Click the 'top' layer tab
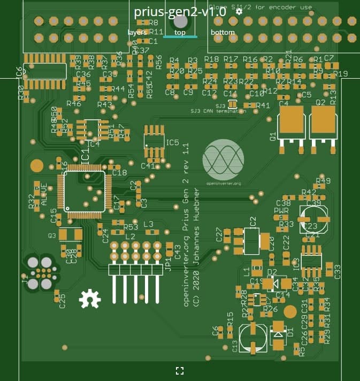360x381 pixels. (180, 32)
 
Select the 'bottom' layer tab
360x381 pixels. (223, 32)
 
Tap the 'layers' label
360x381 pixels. (137, 32)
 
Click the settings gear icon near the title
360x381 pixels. (239, 11)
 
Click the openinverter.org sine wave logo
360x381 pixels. (223, 159)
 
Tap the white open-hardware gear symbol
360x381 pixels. (89, 299)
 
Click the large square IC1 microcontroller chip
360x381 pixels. (85, 192)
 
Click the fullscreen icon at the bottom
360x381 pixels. (180, 370)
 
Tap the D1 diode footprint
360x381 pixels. (279, 334)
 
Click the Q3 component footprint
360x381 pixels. (70, 234)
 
